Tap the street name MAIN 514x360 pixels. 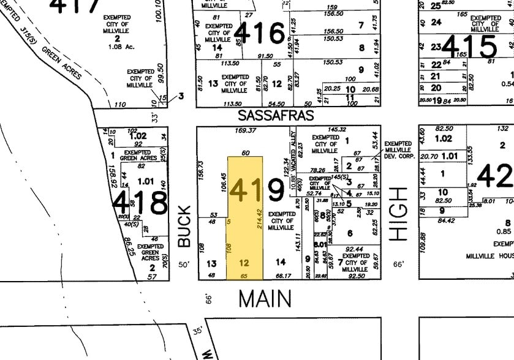(265, 299)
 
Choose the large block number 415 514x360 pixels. (471, 46)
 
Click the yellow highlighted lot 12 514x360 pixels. (244, 263)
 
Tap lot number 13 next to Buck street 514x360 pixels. (211, 263)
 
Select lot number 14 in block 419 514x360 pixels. (281, 262)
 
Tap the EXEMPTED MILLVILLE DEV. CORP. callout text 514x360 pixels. (399, 150)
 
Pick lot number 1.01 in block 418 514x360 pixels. (146, 181)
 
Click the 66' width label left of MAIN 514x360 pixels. (208, 298)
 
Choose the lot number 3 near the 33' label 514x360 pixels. (181, 96)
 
